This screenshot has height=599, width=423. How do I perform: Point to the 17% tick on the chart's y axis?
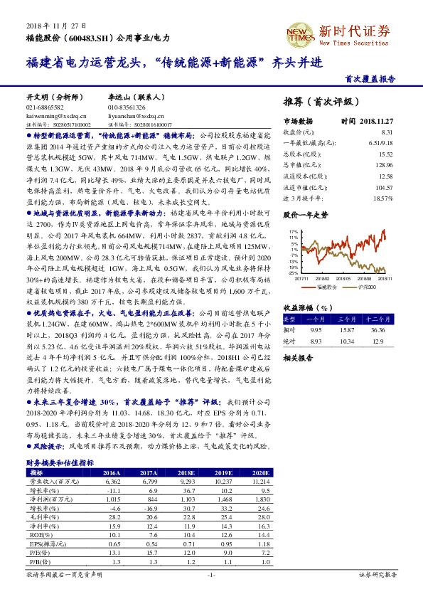(292, 232)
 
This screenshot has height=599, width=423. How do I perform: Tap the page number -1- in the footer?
(210, 575)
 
